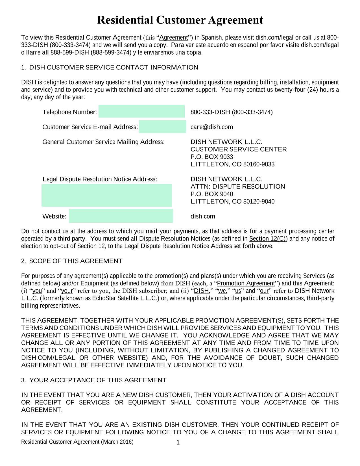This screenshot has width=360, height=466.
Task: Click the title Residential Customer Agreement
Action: pyautogui.click(x=180, y=20)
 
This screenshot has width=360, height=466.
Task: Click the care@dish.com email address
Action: pyautogui.click(x=211, y=127)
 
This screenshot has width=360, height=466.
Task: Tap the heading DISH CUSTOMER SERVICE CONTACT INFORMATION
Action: pyautogui.click(x=114, y=68)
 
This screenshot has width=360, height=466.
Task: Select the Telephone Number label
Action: pyautogui.click(x=70, y=112)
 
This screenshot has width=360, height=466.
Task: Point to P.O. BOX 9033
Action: pyautogui.click(x=211, y=157)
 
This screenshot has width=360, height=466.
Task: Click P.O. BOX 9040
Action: pyautogui.click(x=211, y=194)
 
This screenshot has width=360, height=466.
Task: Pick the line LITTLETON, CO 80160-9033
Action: pyautogui.click(x=232, y=164)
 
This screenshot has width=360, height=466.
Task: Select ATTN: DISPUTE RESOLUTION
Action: pyautogui.click(x=238, y=187)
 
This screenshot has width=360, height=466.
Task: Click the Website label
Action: pyautogui.click(x=54, y=216)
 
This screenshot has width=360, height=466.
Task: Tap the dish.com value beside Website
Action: pyautogui.click(x=203, y=216)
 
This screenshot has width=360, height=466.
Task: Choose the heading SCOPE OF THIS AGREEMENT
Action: pyautogui.click(x=76, y=261)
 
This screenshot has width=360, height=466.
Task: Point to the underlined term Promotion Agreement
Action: pyautogui.click(x=246, y=283)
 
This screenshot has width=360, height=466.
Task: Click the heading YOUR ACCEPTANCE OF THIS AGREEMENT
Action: pyautogui.click(x=98, y=380)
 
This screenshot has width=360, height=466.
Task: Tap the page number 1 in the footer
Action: pyautogui.click(x=178, y=443)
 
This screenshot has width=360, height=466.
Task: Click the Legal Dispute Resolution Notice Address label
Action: pyautogui.click(x=100, y=179)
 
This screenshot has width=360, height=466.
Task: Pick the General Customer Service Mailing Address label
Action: pyautogui.click(x=103, y=142)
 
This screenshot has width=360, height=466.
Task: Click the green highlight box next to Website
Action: pyautogui.click(x=121, y=216)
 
